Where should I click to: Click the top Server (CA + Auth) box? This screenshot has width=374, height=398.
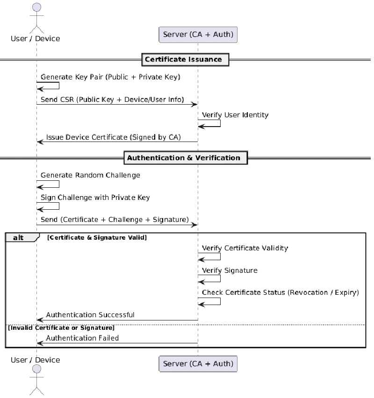(198, 35)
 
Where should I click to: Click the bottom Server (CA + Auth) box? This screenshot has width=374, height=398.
(198, 363)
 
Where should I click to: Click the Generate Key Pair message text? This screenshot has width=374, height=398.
(110, 77)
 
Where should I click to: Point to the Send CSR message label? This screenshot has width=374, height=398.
(112, 100)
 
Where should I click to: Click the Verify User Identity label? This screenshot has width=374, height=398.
(235, 115)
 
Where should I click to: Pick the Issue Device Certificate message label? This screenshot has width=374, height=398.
(114, 137)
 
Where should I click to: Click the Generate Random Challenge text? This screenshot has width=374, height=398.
(90, 175)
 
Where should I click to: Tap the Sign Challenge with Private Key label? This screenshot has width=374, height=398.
(95, 198)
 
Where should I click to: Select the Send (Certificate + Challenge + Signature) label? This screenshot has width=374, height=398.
(115, 220)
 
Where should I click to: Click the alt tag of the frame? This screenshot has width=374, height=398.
(19, 238)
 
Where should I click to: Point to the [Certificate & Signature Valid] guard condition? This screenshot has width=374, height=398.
(97, 238)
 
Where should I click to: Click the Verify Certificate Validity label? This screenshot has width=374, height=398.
(245, 248)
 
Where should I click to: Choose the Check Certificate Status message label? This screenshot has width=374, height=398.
(280, 293)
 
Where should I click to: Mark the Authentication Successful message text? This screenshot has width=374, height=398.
(90, 315)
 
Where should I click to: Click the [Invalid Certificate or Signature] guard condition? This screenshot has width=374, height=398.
(61, 328)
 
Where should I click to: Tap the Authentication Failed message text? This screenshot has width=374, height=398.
(82, 338)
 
